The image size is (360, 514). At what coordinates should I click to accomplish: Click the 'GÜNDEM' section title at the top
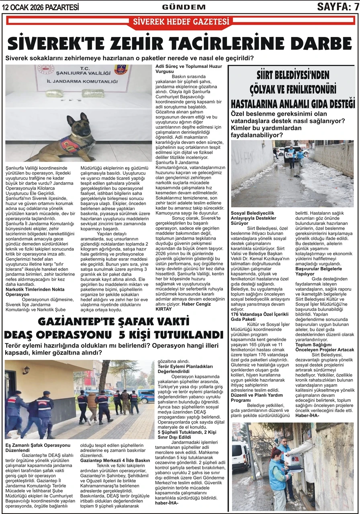[x=183, y=7]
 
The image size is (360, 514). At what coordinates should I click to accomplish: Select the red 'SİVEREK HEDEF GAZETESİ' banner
[x=180, y=22]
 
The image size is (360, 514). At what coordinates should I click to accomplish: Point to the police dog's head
[x=75, y=123]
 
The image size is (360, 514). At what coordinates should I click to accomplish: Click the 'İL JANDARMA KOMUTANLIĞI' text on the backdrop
[x=79, y=82]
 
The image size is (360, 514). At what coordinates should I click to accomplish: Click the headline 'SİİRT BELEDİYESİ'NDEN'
[x=293, y=75]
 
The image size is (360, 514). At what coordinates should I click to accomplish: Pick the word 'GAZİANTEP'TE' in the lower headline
[x=80, y=322]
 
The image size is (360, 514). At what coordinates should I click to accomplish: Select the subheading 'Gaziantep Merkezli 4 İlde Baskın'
[x=115, y=460]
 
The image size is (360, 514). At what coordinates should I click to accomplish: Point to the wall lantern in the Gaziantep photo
[x=27, y=370]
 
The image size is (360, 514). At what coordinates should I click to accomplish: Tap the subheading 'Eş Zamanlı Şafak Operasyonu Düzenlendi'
[x=38, y=447]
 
